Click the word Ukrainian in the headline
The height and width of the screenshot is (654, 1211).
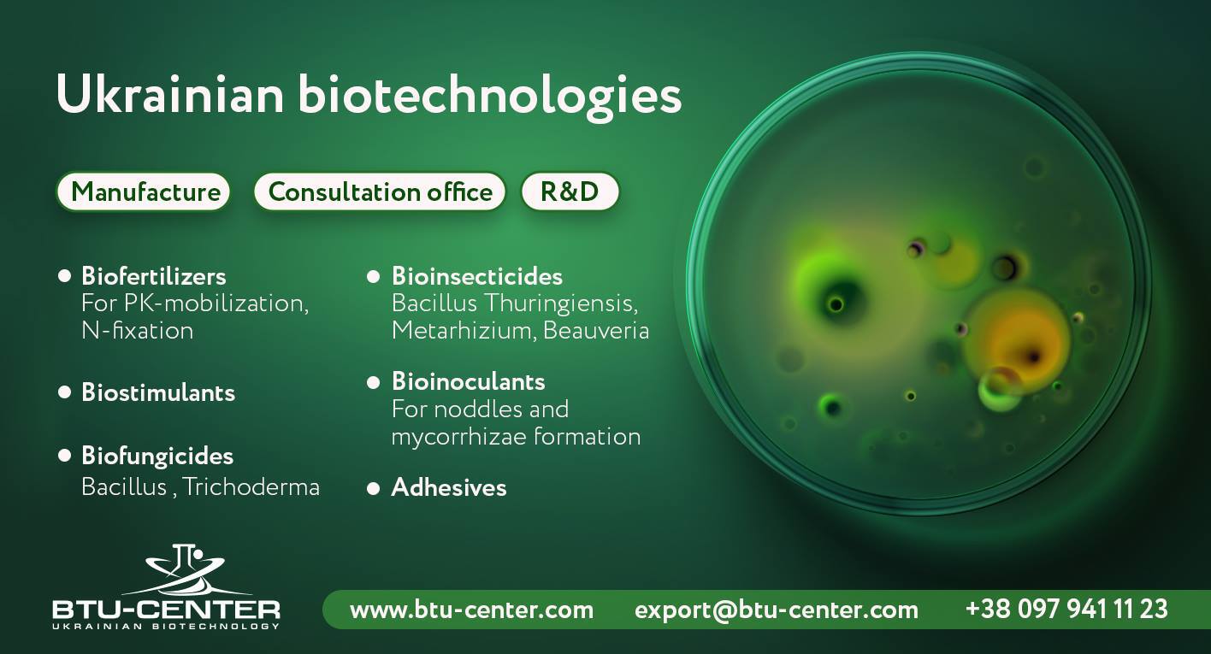(169, 94)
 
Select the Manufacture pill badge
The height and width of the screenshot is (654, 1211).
(145, 191)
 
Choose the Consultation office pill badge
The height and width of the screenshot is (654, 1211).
(380, 191)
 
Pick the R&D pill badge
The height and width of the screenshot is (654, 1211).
(570, 191)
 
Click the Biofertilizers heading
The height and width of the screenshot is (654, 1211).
(154, 275)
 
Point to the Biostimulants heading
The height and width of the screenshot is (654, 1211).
(158, 392)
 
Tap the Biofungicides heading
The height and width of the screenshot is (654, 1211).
(157, 457)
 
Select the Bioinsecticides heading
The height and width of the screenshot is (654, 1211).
(477, 276)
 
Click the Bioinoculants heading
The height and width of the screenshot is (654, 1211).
(468, 381)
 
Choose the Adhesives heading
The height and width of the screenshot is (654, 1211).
(449, 487)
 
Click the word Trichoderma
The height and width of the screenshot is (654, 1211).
(251, 487)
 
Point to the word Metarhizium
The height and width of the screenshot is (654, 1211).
(464, 331)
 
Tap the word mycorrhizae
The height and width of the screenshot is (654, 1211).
(458, 438)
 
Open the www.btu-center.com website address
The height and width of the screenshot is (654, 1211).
(471, 610)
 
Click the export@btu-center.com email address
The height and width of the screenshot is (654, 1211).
(777, 610)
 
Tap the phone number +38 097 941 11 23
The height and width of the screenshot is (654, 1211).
(1066, 609)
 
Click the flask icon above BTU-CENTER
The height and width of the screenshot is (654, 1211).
(183, 569)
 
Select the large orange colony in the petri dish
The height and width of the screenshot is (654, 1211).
(1016, 336)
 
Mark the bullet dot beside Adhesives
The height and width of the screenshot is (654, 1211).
(373, 489)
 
